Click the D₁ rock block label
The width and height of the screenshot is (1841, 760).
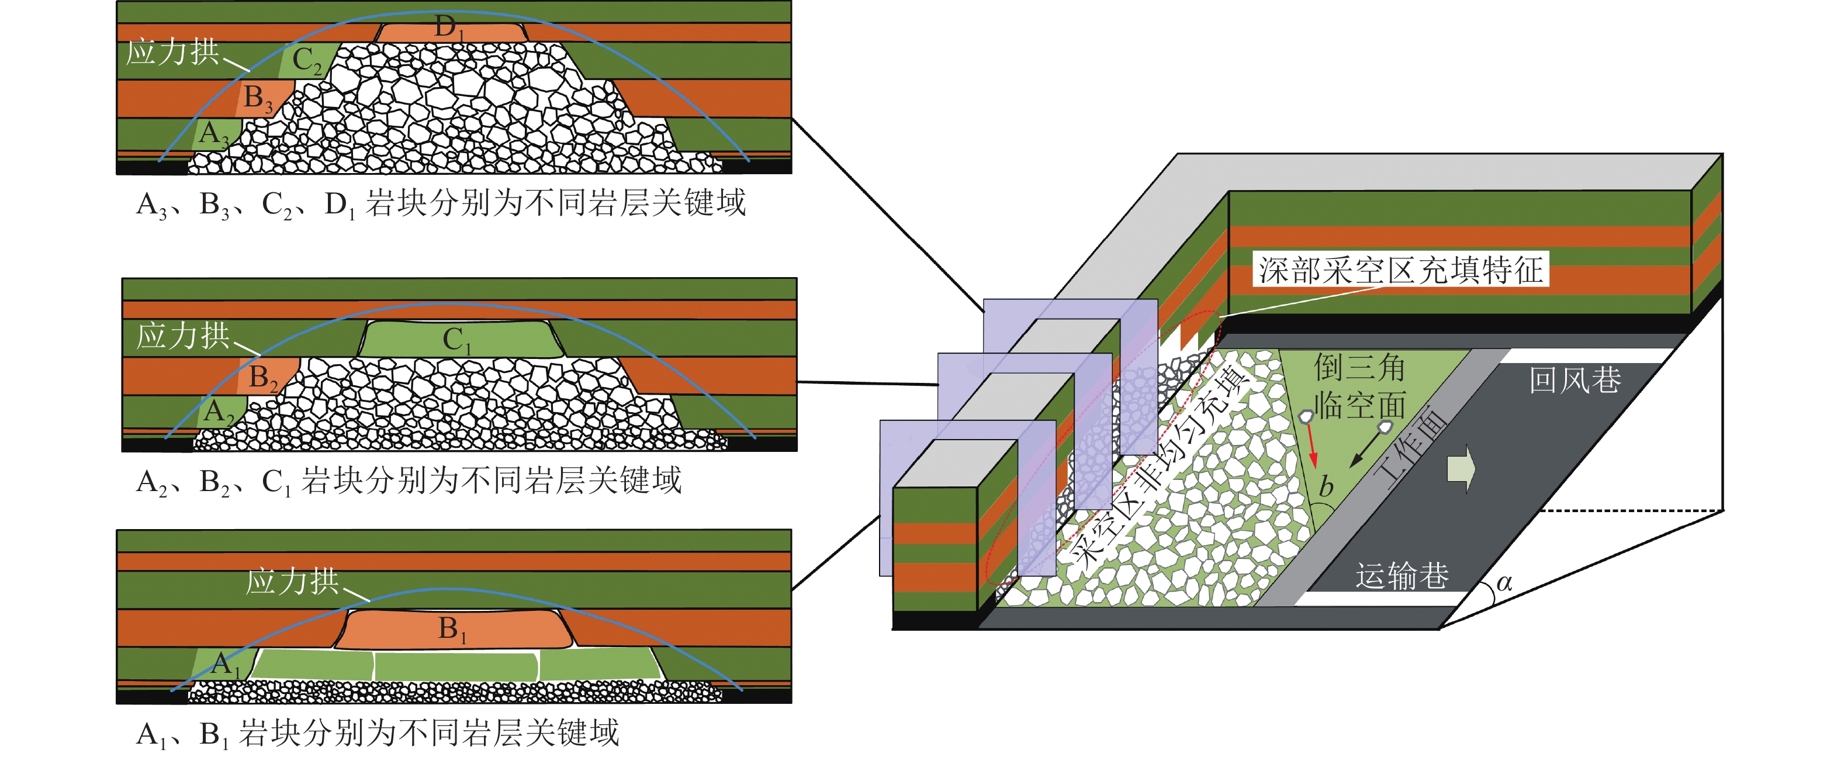point(449,29)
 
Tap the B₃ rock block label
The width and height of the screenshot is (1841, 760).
point(258,98)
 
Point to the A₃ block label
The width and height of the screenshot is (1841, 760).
point(213,134)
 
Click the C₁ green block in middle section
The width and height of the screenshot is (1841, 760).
point(458,340)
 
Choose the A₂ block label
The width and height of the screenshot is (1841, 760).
point(219,413)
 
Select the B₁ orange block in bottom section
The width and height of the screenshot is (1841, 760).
point(452,630)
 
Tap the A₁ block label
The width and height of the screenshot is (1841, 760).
point(225,664)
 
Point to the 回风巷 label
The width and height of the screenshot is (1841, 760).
point(1574,379)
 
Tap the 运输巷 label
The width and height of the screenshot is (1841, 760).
point(1401,575)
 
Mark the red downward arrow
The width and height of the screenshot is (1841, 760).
point(1312,447)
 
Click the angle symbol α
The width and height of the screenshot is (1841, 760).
point(1504,583)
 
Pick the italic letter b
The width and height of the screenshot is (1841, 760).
point(1326,487)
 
